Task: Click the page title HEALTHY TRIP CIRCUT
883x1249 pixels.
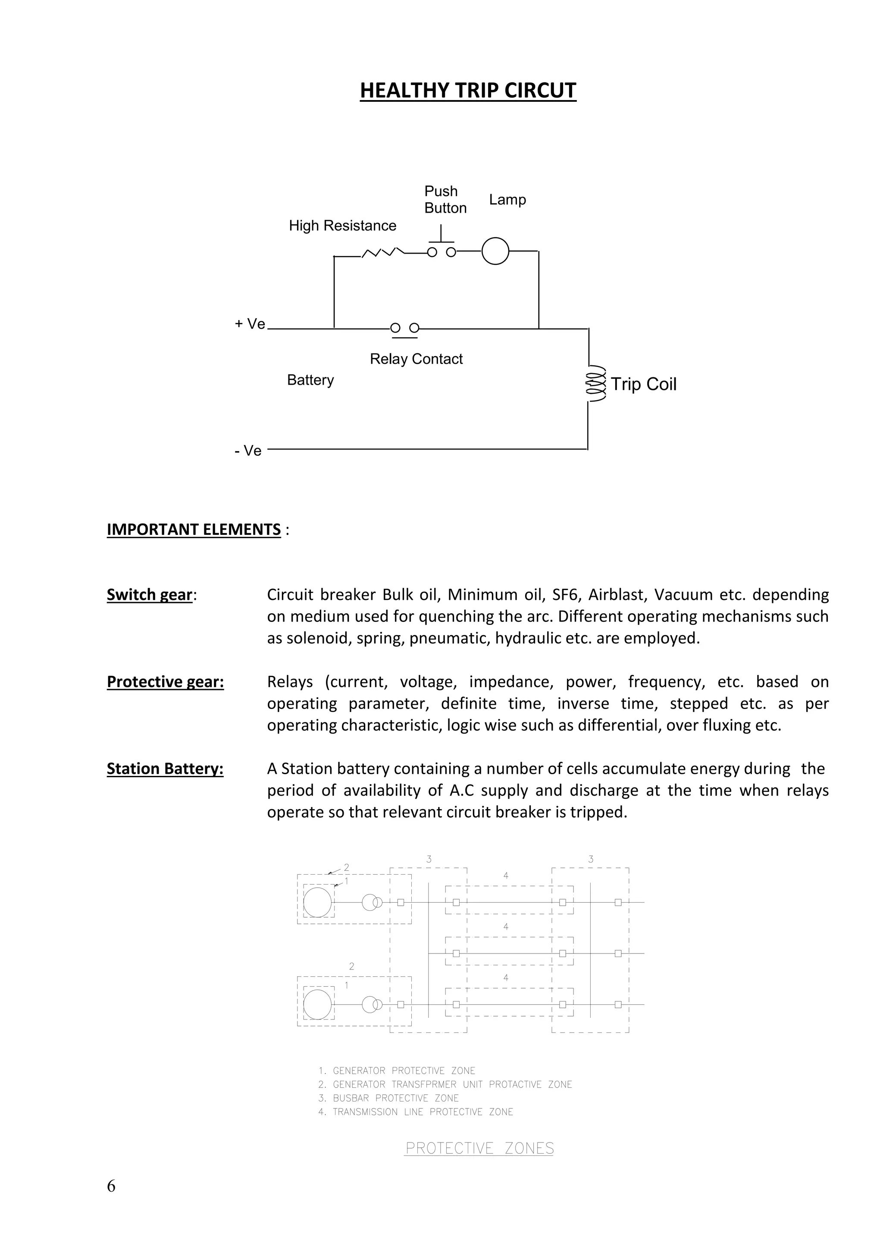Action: [468, 90]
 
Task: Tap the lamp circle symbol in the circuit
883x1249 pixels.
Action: [495, 251]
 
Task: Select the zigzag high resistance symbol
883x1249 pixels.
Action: [383, 252]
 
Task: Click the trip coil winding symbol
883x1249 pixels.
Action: [594, 384]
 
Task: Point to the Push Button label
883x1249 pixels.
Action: [445, 200]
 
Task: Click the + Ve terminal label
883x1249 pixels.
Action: [250, 324]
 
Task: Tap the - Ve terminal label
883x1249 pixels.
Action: [248, 451]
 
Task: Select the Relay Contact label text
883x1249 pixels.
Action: [416, 359]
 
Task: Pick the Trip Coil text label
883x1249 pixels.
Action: [643, 384]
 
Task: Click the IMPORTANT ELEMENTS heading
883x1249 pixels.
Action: [194, 529]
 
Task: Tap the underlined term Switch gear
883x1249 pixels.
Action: [150, 595]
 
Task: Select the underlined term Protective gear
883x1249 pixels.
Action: [165, 681]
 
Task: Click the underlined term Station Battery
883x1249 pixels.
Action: [165, 769]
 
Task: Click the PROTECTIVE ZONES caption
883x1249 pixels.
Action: [479, 1149]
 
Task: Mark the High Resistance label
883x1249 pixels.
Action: [342, 226]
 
